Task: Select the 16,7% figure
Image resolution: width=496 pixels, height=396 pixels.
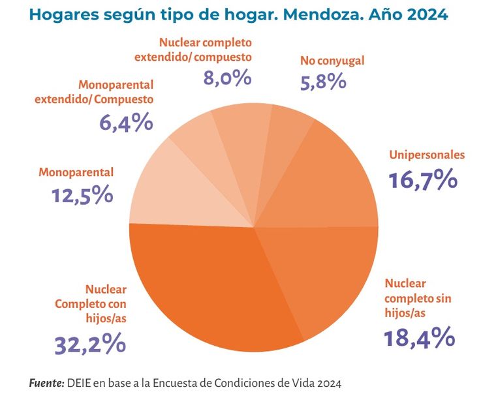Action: pyautogui.click(x=422, y=179)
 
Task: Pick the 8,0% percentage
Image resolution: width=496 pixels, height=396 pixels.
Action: pyautogui.click(x=226, y=78)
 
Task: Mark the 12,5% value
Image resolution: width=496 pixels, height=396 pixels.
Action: pyautogui.click(x=82, y=194)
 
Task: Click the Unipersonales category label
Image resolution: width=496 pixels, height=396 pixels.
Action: pyautogui.click(x=427, y=155)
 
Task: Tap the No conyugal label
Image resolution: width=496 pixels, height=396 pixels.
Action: pyautogui.click(x=332, y=61)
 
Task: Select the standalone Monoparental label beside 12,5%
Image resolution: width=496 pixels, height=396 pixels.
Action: pyautogui.click(x=76, y=173)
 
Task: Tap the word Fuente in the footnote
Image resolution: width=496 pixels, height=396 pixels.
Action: pyautogui.click(x=46, y=382)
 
